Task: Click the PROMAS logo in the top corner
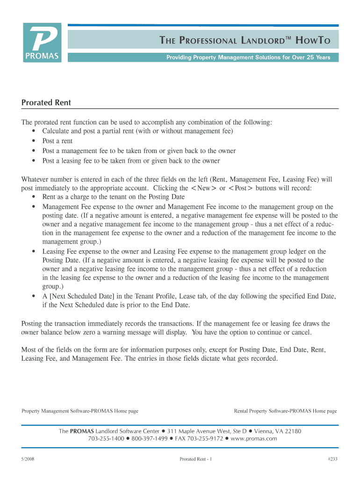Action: point(42,43)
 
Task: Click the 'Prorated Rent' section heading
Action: point(46,102)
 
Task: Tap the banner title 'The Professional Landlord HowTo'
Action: point(245,41)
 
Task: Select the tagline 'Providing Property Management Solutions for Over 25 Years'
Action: point(248,58)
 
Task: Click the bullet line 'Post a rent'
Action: point(58,141)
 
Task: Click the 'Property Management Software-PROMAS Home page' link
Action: point(80,411)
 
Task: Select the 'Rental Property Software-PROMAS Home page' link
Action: point(285,411)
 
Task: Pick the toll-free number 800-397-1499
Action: point(150,439)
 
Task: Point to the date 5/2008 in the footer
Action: point(28,459)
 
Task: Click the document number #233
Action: point(332,459)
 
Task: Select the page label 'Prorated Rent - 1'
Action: point(196,459)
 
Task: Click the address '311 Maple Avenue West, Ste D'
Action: point(207,431)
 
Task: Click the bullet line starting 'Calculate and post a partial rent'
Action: point(137,131)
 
